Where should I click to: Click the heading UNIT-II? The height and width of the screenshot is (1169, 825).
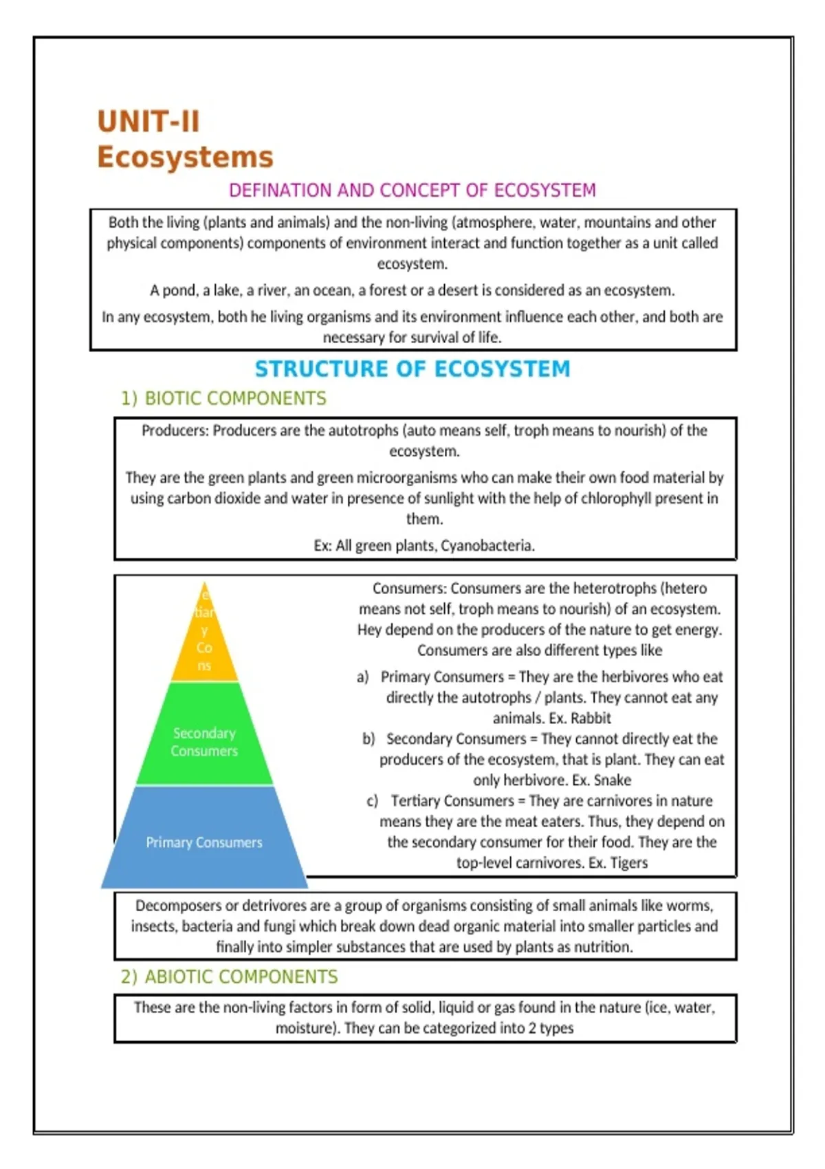point(148,122)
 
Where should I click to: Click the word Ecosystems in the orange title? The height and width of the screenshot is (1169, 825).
point(185,157)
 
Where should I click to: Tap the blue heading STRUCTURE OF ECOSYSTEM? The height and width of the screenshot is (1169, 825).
point(412,369)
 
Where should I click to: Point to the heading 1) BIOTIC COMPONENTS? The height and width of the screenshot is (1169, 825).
point(223,399)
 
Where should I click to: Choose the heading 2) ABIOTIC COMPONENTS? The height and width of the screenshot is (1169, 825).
point(229,977)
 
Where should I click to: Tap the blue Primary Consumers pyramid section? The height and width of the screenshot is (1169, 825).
point(204,842)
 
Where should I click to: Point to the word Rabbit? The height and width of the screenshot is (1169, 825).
point(591,719)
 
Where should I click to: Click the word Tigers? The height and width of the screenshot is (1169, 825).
point(628,863)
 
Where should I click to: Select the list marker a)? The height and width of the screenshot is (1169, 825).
point(362,677)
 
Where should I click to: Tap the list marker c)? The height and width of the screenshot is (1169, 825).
point(372,801)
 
